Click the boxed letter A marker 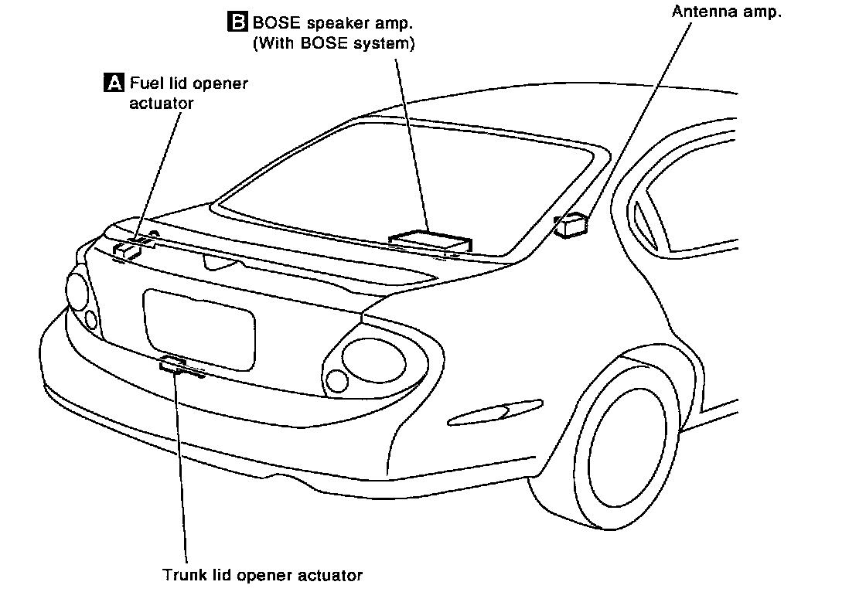click(x=113, y=82)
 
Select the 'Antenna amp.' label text click(x=721, y=12)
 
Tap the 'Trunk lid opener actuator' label click(x=262, y=575)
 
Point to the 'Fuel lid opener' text click(x=189, y=83)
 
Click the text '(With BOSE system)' click(x=334, y=44)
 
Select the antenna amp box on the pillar click(x=571, y=224)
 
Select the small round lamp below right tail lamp click(x=337, y=379)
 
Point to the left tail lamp click(x=78, y=290)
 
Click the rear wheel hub click(x=626, y=451)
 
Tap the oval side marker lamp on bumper click(x=486, y=414)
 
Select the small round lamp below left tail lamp click(x=91, y=319)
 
